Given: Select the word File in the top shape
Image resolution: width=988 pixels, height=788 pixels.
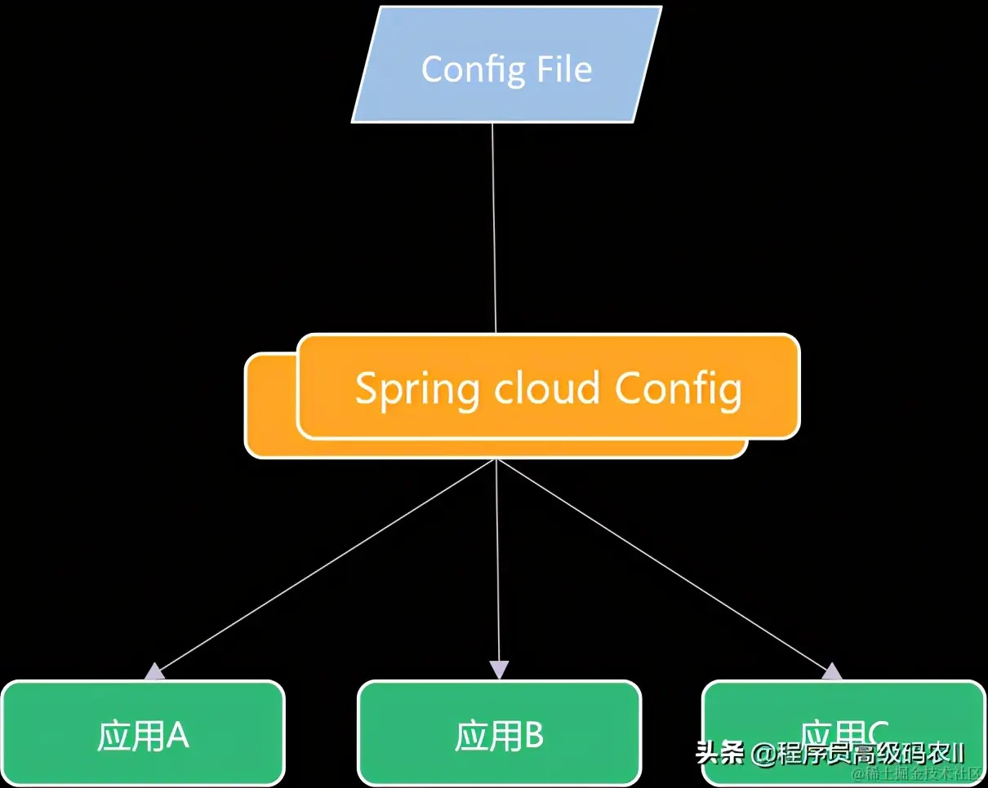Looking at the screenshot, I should pyautogui.click(x=564, y=69).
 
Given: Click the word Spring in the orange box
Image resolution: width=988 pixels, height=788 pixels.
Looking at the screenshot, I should pyautogui.click(x=416, y=389).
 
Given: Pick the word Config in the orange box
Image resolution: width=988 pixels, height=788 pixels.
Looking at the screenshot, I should pyautogui.click(x=678, y=389).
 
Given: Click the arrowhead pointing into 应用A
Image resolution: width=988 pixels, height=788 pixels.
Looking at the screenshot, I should pyautogui.click(x=154, y=672).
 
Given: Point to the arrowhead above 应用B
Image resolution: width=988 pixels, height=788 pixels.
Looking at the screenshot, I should pyautogui.click(x=499, y=670).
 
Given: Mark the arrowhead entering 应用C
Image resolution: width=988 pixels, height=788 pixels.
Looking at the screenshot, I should pyautogui.click(x=832, y=671).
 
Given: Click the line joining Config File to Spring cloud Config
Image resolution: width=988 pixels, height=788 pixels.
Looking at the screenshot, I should pyautogui.click(x=494, y=228).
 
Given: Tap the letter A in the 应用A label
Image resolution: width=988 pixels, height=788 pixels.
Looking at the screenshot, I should pyautogui.click(x=177, y=737).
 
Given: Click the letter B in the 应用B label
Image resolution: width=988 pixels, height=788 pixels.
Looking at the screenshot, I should pyautogui.click(x=533, y=737).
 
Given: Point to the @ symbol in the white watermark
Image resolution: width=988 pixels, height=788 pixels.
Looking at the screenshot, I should pyautogui.click(x=764, y=753).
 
